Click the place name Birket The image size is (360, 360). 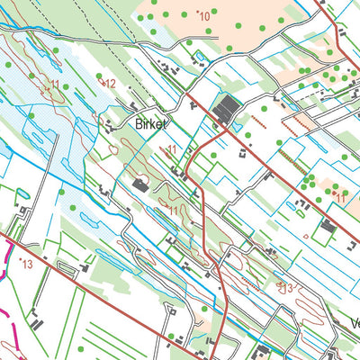(x=151, y=124)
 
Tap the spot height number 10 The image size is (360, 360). (x=204, y=16)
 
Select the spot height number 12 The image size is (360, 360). (x=111, y=83)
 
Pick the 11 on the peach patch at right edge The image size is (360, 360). (x=340, y=194)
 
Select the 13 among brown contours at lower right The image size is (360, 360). (x=286, y=287)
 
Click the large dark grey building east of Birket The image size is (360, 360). (x=226, y=111)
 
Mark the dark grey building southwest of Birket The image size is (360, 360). (x=140, y=185)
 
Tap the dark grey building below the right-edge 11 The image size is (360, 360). (x=328, y=226)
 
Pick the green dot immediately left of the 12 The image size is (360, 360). (x=96, y=83)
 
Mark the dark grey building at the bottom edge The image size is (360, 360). (x=263, y=351)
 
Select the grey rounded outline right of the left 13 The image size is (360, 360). (x=65, y=268)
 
